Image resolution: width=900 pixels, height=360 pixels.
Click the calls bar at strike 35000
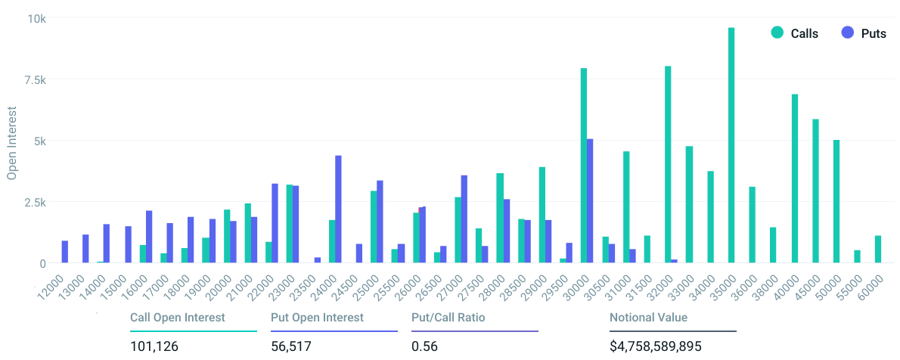click(731, 145)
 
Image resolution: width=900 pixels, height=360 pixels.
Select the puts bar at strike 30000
click(590, 201)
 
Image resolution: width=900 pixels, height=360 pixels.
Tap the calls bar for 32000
click(668, 165)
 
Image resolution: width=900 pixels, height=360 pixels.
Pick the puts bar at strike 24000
click(338, 209)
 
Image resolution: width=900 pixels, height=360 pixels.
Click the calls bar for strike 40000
click(795, 178)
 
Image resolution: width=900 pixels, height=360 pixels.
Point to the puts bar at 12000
click(65, 252)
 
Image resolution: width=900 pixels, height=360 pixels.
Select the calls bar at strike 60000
click(878, 249)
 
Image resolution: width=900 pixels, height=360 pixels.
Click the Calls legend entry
click(794, 33)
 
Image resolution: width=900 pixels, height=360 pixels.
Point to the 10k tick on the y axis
click(39, 19)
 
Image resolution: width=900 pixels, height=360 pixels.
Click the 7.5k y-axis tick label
click(36, 80)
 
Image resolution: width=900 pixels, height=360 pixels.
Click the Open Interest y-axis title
click(11, 142)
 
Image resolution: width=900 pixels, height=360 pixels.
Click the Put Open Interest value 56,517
click(290, 347)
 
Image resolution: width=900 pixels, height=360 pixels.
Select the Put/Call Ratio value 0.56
click(421, 347)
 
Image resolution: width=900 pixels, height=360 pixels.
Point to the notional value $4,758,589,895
click(656, 347)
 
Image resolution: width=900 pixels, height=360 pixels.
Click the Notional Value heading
click(648, 318)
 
